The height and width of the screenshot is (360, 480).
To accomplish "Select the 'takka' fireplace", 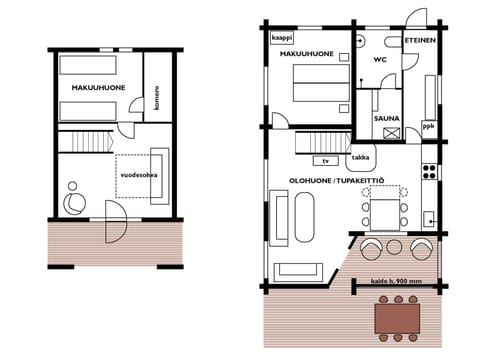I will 359,158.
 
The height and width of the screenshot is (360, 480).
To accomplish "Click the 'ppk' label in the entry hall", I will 428,127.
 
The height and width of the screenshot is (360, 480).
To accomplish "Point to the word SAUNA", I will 387,118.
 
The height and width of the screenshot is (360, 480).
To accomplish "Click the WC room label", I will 380,60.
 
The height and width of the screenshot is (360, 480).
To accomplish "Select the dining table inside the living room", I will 385,211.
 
